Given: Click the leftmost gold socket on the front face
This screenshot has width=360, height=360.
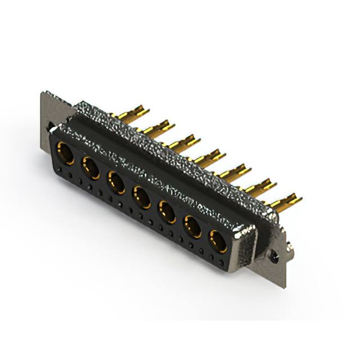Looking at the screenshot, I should point(65,154).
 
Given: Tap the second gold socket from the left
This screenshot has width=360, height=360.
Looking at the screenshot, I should point(91,168).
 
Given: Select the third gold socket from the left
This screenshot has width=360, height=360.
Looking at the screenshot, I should point(116,182).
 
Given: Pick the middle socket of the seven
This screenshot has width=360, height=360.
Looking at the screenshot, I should point(141,197).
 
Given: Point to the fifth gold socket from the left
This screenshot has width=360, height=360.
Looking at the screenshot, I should point(167,212).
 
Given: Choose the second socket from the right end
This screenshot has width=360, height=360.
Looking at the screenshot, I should point(192,227).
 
